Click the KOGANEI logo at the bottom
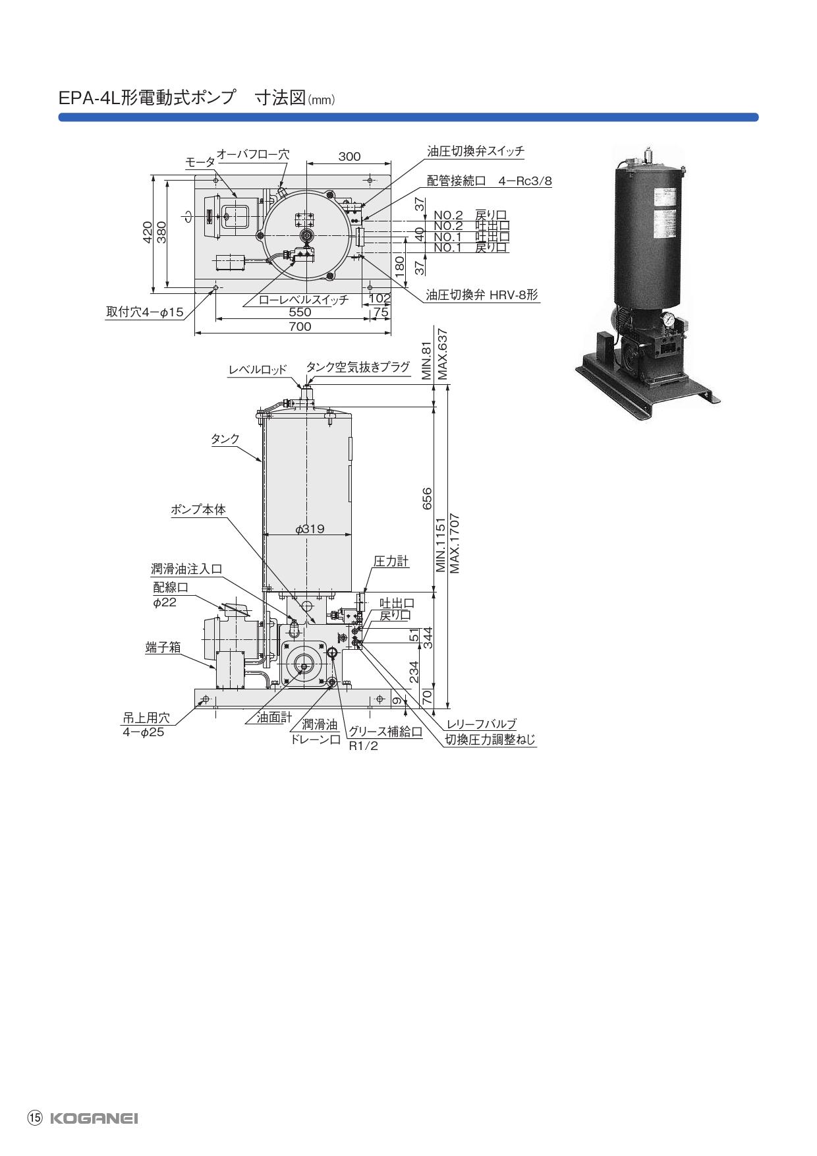click(x=94, y=1118)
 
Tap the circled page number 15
click(x=34, y=1118)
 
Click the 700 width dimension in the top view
click(x=300, y=326)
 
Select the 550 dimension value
click(x=300, y=312)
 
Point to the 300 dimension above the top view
click(x=349, y=156)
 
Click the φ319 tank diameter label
click(x=310, y=529)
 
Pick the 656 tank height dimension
click(x=427, y=499)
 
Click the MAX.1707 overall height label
click(x=454, y=543)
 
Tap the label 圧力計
click(x=391, y=562)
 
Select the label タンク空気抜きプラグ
click(x=358, y=367)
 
